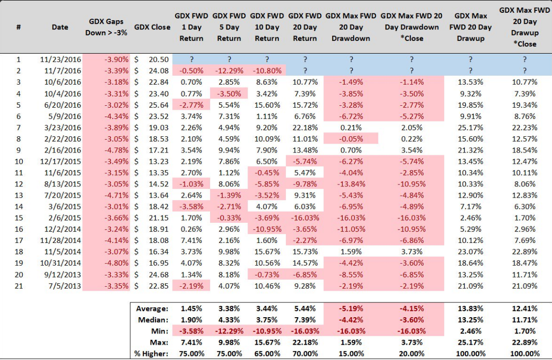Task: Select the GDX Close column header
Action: coord(153,27)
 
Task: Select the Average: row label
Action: coord(153,308)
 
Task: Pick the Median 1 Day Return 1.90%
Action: coord(191,320)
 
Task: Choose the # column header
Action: coord(18,27)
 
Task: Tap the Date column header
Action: coord(60,27)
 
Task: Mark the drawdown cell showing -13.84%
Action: coord(351,184)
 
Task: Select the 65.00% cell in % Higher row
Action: coord(267,353)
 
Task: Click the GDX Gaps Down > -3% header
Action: coord(106,27)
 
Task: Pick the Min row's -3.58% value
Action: coord(191,331)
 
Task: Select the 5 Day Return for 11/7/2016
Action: coord(229,71)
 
